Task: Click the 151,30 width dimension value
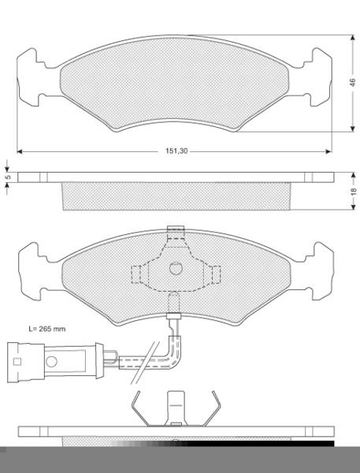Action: (x=176, y=151)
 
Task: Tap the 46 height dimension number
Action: (x=352, y=83)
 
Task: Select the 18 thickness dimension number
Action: (x=354, y=191)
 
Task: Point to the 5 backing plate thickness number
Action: (x=9, y=177)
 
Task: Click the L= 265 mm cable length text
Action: (x=47, y=329)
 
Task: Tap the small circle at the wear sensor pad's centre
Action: (x=176, y=268)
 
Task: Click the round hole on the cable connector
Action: (x=51, y=361)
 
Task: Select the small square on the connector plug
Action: (x=17, y=361)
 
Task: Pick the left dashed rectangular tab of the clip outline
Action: (x=136, y=274)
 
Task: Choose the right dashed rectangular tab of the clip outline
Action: (x=216, y=274)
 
